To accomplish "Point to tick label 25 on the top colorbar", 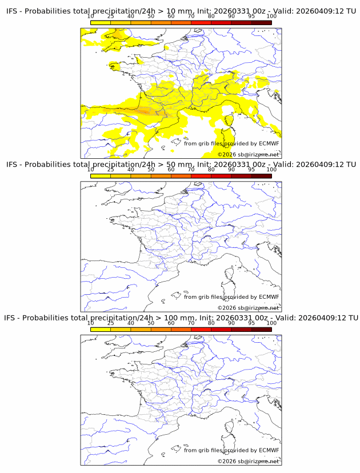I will click(110, 17).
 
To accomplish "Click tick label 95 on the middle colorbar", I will click(251, 170).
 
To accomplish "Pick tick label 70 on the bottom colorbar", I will click(191, 323).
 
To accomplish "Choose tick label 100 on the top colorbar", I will click(271, 17).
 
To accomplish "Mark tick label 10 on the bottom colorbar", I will click(90, 323).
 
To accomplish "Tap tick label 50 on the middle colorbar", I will click(151, 170).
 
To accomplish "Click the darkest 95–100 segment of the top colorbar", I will click(261, 22).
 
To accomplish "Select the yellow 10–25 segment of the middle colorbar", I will click(101, 175).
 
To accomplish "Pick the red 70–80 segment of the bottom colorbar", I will click(201, 328).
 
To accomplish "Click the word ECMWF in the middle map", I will click(269, 296).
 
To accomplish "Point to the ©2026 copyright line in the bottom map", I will click(248, 460).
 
